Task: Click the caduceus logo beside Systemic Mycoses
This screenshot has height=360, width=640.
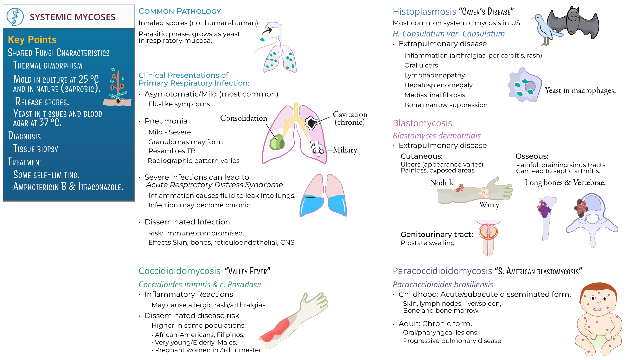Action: point(15,17)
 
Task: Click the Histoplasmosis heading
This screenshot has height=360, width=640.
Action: point(424,12)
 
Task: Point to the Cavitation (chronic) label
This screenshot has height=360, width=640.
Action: point(350,118)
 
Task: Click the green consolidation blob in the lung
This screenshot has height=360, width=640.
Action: point(277,142)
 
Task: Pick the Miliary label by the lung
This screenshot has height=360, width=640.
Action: point(345,150)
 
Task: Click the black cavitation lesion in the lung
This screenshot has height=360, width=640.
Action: point(312,122)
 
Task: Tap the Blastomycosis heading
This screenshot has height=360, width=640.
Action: point(422,123)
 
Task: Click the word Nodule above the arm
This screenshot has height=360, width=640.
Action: point(442,183)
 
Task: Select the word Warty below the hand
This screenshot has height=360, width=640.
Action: point(489,205)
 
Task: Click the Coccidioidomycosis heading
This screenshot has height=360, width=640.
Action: point(179,271)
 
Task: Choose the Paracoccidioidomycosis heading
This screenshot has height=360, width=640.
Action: point(442,271)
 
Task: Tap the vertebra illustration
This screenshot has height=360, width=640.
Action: point(592,218)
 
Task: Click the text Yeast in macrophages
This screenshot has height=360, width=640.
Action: point(580,90)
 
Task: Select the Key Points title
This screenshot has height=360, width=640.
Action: point(32,40)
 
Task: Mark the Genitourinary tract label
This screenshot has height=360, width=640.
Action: point(437,234)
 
